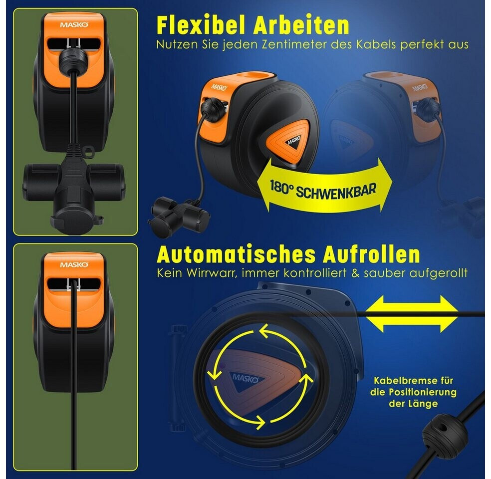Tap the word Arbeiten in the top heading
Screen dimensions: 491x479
pyautogui.click(x=301, y=25)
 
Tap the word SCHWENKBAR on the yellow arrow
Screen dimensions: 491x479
pyautogui.click(x=336, y=191)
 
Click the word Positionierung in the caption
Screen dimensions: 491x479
pyautogui.click(x=423, y=392)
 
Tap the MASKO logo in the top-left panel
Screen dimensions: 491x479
pyautogui.click(x=74, y=25)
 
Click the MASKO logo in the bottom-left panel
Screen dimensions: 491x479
pyautogui.click(x=74, y=265)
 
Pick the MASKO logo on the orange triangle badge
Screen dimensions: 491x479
pyautogui.click(x=294, y=141)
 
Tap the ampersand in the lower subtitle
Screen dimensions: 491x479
pyautogui.click(x=355, y=273)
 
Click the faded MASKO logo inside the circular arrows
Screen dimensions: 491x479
pyautogui.click(x=246, y=378)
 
